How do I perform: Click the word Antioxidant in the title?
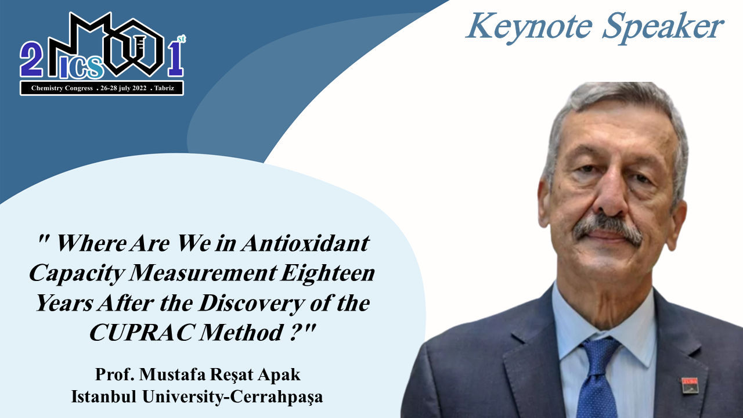tap(305, 243)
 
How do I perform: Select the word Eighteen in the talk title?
tap(328, 274)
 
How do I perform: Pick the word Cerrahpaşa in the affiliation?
tap(276, 397)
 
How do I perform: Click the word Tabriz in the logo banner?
tap(164, 88)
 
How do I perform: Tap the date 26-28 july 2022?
tap(124, 88)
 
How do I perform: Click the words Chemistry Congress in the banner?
tap(62, 88)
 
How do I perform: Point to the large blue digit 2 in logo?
tap(31, 59)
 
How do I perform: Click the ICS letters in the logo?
tap(82, 68)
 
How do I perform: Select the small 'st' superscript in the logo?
tap(182, 39)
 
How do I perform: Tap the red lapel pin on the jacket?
tap(690, 385)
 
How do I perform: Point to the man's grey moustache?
tap(608, 228)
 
